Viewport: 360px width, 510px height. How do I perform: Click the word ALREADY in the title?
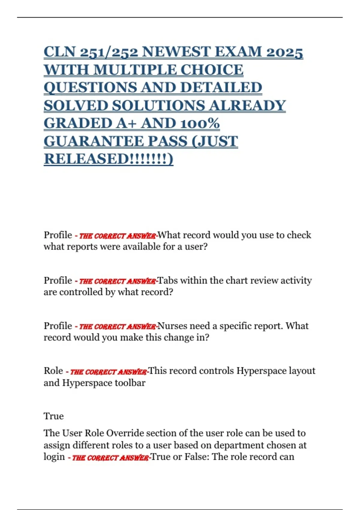pyautogui.click(x=247, y=106)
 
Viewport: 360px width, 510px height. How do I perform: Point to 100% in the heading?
pyautogui.click(x=200, y=123)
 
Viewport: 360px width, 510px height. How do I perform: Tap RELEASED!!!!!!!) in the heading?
pyautogui.click(x=108, y=159)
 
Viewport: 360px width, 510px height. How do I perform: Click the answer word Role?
pyautogui.click(x=53, y=371)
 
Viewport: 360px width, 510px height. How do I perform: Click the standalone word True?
pyautogui.click(x=54, y=416)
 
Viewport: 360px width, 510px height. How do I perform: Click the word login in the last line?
pyautogui.click(x=54, y=457)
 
